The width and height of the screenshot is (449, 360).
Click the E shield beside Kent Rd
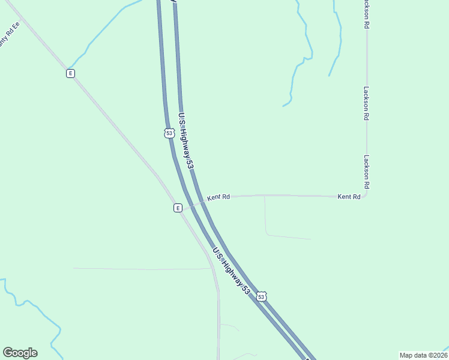[x=178, y=208]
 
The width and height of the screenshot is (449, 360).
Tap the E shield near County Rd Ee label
[x=70, y=73]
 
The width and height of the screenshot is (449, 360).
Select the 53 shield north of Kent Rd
[x=170, y=133]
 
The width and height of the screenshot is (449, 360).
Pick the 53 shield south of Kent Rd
[x=261, y=296]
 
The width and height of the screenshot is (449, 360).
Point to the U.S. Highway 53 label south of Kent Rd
[x=231, y=271]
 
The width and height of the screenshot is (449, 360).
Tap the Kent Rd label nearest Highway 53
[x=219, y=197]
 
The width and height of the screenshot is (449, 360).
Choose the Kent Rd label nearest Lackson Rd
[x=349, y=196]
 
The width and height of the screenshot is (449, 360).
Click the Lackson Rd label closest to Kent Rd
[x=366, y=172]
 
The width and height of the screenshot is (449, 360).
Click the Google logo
[x=20, y=353]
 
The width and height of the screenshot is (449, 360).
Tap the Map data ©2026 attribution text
[x=423, y=355]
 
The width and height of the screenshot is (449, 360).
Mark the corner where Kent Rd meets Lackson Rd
[x=366, y=195]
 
